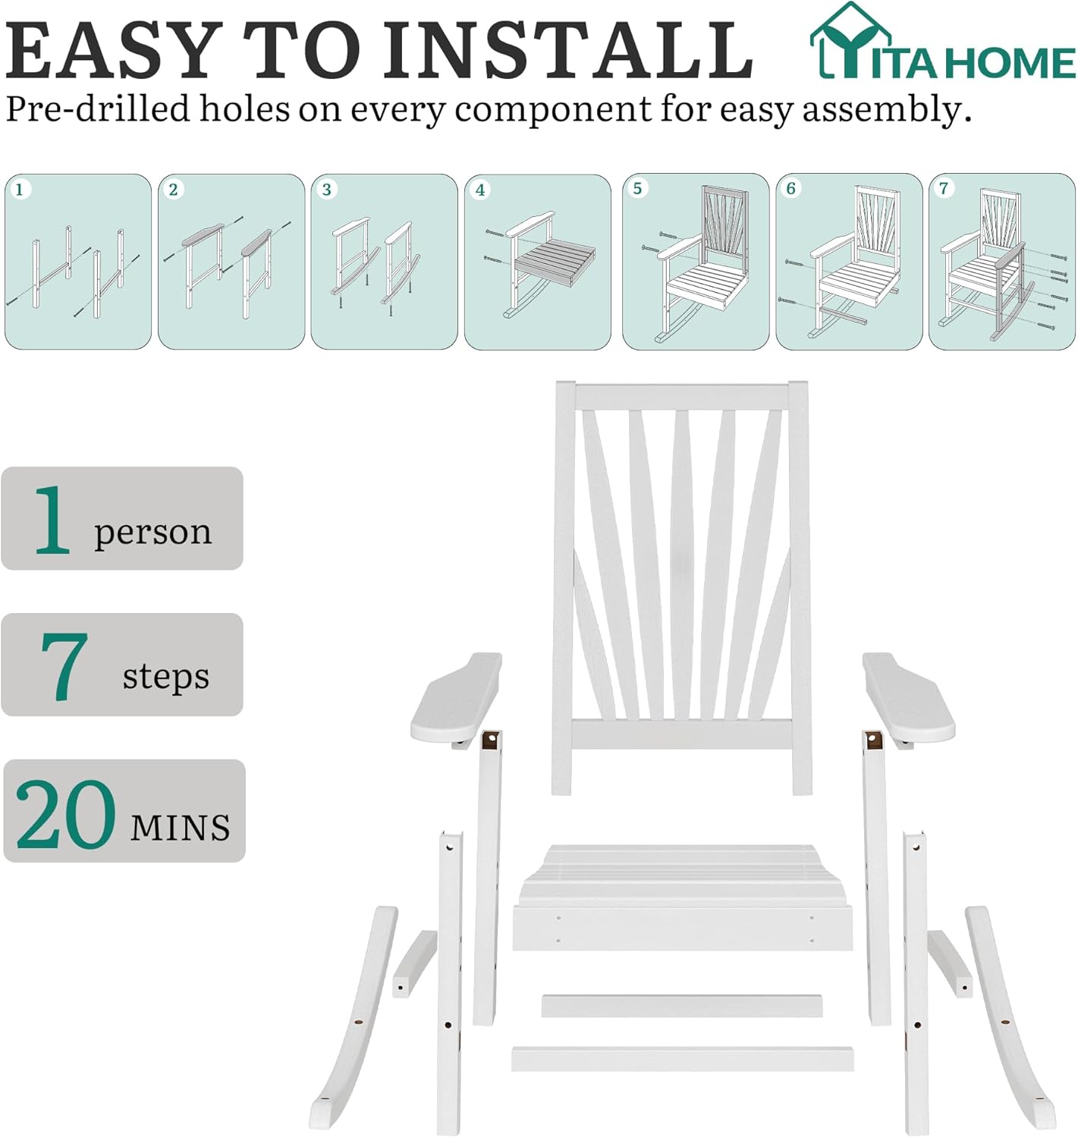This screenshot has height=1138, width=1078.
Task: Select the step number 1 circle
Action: pos(20,190)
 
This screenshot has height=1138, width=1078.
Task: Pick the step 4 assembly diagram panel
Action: pos(537,262)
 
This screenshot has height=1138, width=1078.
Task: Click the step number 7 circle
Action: pos(944,188)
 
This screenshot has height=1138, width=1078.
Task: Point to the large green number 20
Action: pos(65,814)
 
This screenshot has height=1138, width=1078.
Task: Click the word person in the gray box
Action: pos(152,532)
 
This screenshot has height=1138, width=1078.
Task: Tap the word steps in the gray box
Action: pos(165,675)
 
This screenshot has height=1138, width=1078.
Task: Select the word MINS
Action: pos(180,827)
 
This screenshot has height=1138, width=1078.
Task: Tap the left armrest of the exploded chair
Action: pos(455,699)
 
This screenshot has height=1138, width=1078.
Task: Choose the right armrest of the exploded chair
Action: pos(908,699)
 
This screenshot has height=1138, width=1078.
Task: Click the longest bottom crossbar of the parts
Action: pos(682,1059)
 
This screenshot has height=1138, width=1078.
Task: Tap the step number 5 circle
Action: pos(637,188)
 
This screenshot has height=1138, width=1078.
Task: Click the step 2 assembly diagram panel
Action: pos(231,262)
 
